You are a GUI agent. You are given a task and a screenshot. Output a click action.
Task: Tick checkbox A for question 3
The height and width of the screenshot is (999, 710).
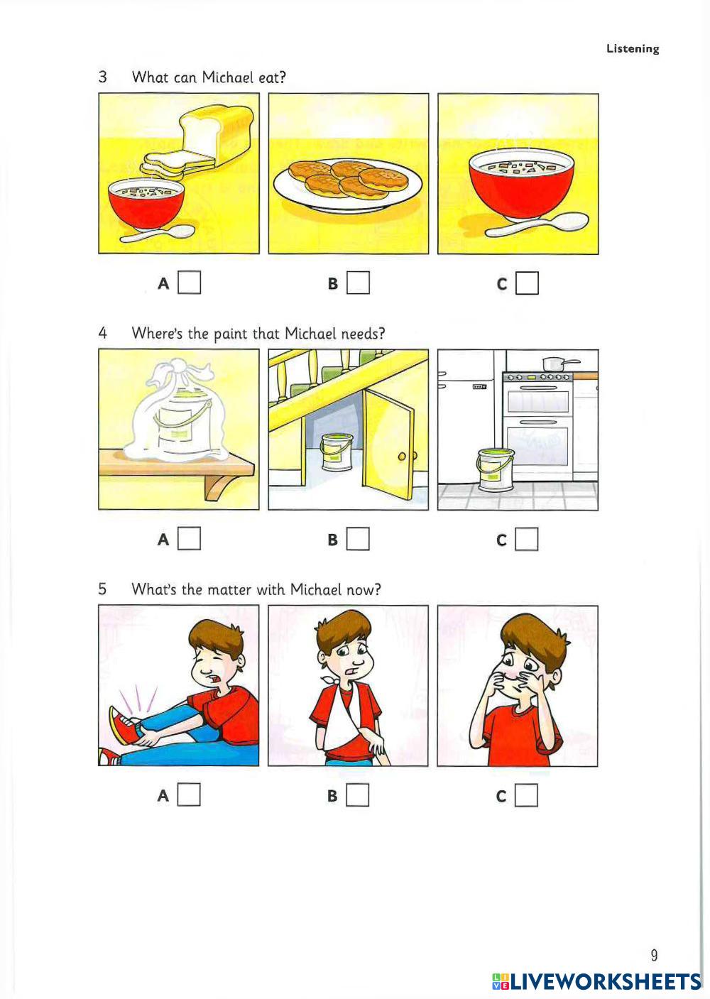[189, 283]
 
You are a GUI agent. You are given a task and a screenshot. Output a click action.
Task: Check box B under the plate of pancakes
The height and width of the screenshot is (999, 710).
[358, 283]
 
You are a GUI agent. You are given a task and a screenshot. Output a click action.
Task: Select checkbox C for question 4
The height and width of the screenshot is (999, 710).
[527, 539]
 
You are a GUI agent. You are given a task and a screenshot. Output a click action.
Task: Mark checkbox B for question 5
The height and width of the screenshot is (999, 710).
[358, 795]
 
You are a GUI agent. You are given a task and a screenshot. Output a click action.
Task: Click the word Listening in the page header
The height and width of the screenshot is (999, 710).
[633, 48]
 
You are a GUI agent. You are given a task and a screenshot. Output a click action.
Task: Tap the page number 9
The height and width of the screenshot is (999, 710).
[654, 955]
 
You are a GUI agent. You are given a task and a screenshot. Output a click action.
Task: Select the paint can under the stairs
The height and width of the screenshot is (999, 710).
[337, 452]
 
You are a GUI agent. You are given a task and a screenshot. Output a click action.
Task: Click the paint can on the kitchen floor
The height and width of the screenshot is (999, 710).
[494, 469]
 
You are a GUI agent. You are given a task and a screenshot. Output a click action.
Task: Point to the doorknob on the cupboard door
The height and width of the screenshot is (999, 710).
[402, 457]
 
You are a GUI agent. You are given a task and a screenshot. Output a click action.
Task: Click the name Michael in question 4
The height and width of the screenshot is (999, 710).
[310, 333]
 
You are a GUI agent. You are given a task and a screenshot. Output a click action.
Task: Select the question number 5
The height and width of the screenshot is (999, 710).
[102, 589]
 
